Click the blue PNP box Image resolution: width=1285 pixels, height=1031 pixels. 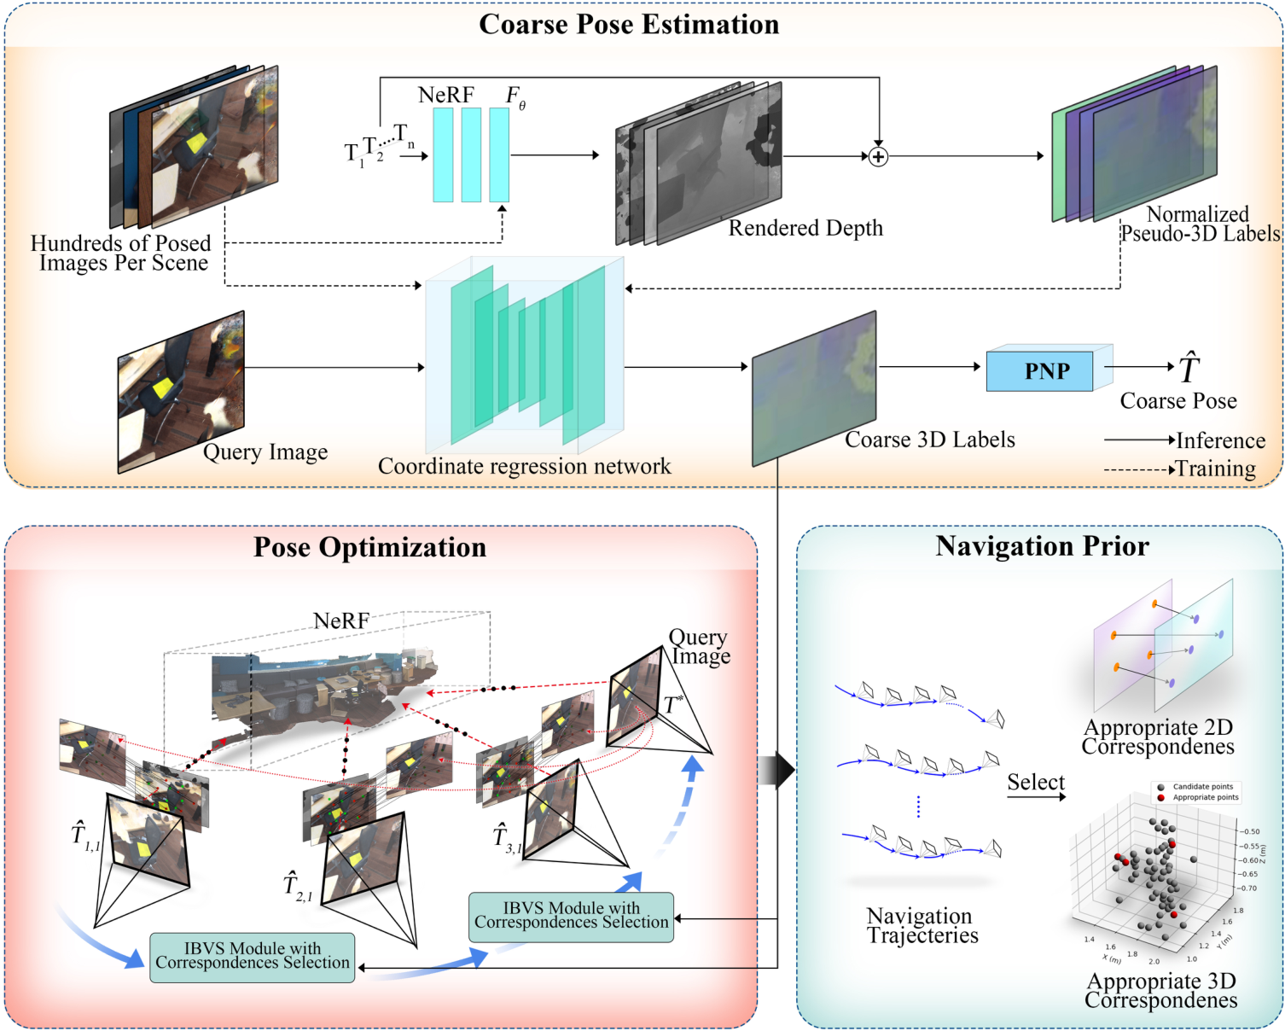(x=1039, y=371)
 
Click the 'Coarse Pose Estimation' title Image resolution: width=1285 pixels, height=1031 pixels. (x=629, y=25)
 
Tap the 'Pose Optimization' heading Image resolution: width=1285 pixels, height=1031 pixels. (x=369, y=547)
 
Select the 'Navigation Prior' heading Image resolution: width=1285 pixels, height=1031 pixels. (x=1042, y=546)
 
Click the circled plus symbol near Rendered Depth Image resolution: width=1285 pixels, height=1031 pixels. (x=878, y=156)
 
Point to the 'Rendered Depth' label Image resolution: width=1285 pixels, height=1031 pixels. (x=805, y=228)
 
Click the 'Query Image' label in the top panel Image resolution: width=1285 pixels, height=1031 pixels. (x=265, y=451)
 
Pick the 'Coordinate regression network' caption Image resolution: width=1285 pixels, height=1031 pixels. (x=524, y=466)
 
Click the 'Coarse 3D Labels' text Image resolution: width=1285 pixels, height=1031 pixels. (x=930, y=440)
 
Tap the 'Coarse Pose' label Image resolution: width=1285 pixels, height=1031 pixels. (x=1177, y=401)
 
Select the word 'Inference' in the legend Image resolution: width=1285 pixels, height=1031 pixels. (x=1220, y=440)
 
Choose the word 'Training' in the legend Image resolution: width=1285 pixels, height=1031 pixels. (x=1216, y=469)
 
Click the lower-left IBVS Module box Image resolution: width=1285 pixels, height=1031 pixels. (x=253, y=957)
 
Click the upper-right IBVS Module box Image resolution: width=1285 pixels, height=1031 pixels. (x=571, y=917)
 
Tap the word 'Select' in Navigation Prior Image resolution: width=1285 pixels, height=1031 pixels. (x=1035, y=782)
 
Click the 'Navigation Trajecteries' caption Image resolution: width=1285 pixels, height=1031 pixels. (x=922, y=926)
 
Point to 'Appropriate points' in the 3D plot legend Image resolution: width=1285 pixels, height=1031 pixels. (x=1205, y=797)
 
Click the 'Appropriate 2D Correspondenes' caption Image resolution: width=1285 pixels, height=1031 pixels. (x=1158, y=737)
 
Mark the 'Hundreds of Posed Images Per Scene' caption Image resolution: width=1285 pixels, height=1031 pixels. (x=121, y=253)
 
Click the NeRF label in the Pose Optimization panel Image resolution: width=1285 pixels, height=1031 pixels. (x=341, y=620)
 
